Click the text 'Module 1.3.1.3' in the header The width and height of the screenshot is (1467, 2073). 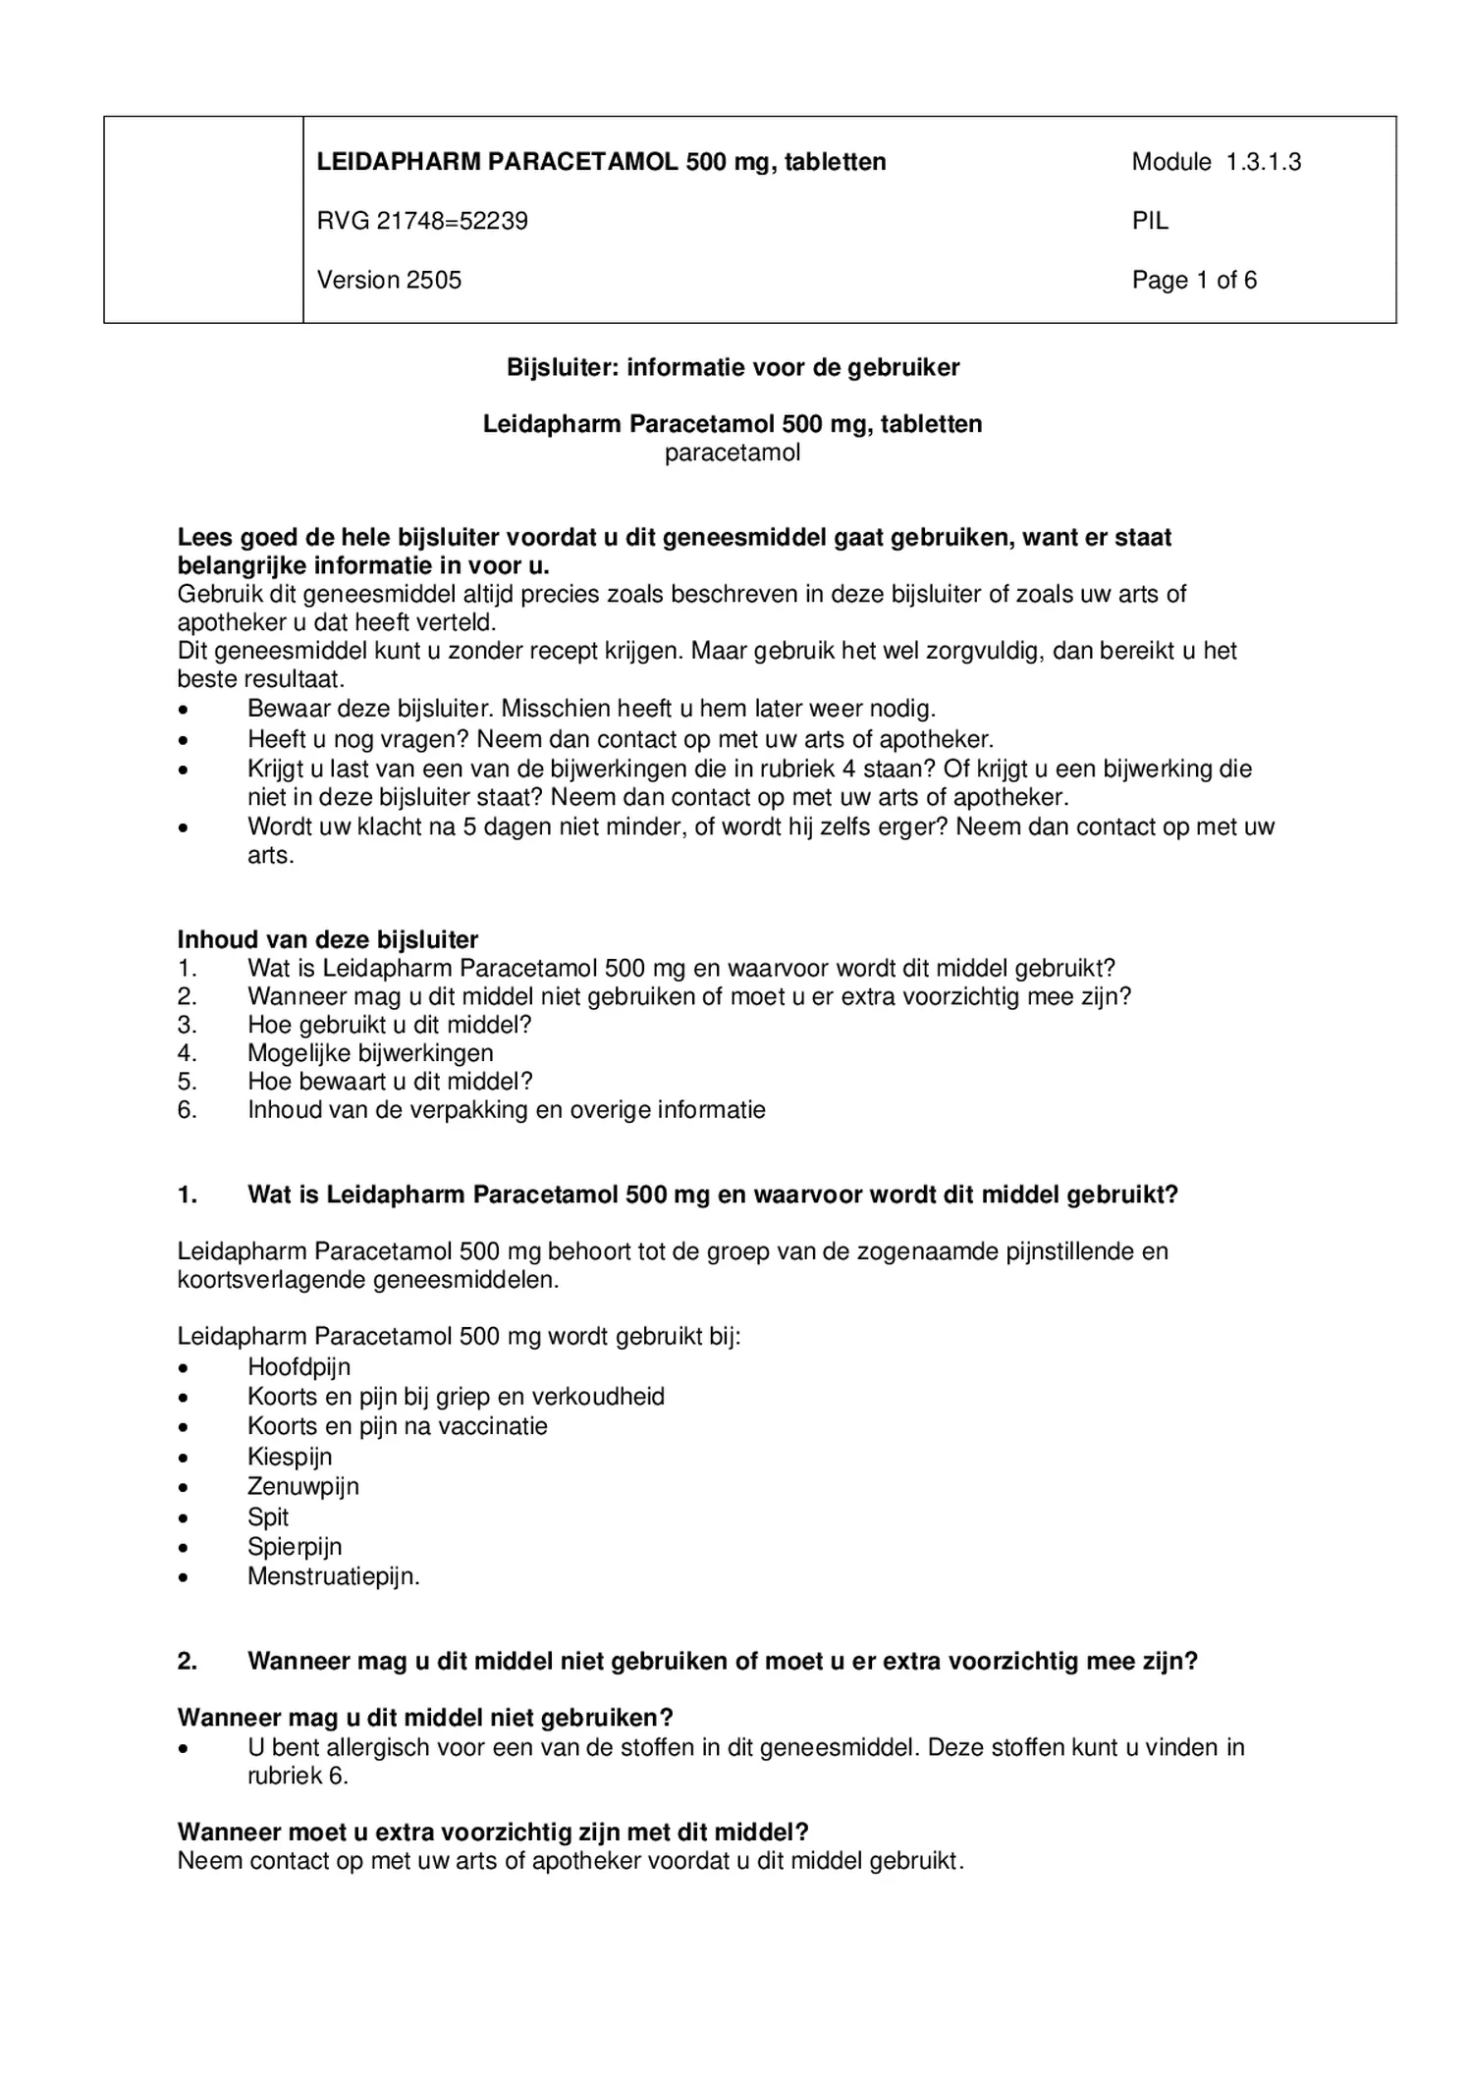pos(1216,162)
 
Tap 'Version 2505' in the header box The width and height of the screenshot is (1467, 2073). pos(389,280)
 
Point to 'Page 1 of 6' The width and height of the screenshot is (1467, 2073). pos(1194,280)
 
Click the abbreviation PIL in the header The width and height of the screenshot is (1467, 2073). pos(1150,221)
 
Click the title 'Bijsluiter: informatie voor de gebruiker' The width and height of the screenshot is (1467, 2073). pos(733,367)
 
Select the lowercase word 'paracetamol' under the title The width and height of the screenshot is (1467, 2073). pos(733,452)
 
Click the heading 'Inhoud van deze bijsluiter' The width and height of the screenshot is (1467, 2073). pos(327,939)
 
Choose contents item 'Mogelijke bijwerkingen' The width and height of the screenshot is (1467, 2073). pos(370,1053)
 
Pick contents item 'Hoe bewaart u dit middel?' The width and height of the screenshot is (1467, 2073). pos(390,1082)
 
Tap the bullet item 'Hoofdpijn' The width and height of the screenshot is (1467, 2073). pos(299,1367)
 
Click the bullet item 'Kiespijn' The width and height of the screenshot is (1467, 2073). pos(290,1457)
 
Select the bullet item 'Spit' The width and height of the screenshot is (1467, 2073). pos(268,1517)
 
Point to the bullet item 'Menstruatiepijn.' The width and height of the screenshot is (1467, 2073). pos(333,1577)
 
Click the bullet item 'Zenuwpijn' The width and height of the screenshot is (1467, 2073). pos(303,1486)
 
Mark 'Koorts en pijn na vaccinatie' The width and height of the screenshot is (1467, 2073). pos(398,1426)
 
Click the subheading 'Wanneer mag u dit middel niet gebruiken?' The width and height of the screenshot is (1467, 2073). pos(425,1718)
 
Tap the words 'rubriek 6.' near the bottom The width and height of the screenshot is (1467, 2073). pos(298,1776)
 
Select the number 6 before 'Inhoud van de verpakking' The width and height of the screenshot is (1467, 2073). pos(186,1110)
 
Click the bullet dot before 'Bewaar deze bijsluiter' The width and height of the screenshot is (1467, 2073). pos(184,710)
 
